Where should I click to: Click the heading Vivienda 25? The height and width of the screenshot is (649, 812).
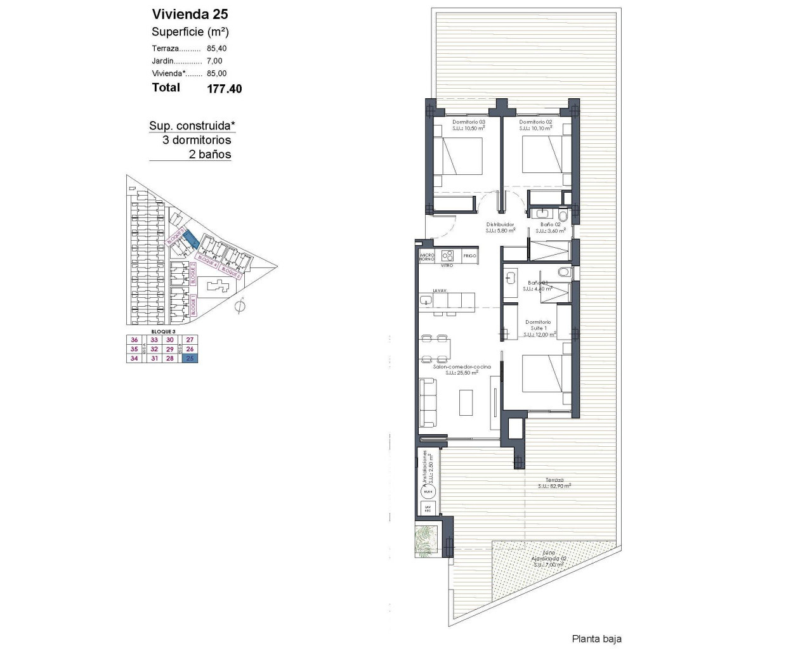point(190,14)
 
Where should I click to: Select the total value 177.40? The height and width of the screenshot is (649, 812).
point(224,89)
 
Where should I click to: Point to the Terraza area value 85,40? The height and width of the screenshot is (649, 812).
point(216,48)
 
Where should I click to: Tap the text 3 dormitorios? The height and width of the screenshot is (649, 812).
point(197,140)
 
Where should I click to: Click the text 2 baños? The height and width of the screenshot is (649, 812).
point(210,154)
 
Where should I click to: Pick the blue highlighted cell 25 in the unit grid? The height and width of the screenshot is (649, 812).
point(190,359)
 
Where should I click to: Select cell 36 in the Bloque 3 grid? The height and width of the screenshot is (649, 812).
point(134,340)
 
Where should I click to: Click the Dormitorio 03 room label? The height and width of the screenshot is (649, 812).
point(468,122)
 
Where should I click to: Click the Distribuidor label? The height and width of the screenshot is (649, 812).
point(500,224)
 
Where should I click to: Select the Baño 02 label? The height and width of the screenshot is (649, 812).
point(550,224)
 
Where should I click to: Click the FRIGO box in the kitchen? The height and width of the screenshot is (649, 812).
point(469,255)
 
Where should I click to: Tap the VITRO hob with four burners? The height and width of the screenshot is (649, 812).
point(447,255)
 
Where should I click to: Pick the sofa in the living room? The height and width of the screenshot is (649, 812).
point(428,402)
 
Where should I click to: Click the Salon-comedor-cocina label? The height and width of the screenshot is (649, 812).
point(454,366)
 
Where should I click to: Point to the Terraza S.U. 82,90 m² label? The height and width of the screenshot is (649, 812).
point(554,483)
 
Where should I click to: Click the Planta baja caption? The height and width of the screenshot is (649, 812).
point(596,639)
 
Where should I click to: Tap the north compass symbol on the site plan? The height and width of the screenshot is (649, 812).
point(239,307)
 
